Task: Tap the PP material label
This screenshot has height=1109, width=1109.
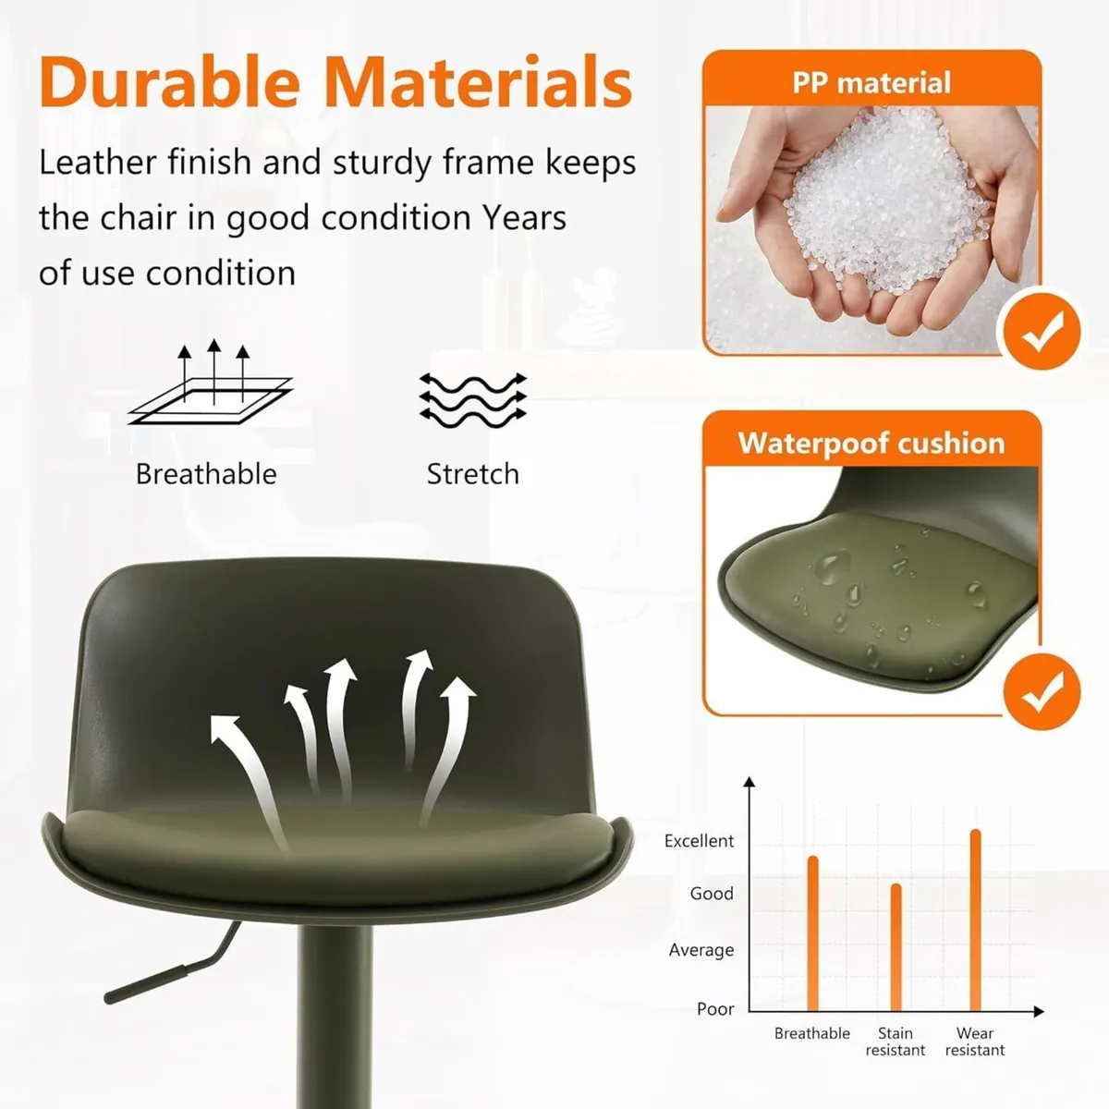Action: point(871,83)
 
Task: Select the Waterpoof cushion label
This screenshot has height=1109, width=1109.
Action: point(871,443)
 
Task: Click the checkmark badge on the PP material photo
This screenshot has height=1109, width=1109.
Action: point(1042,329)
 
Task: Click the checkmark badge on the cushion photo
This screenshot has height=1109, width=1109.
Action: point(1042,689)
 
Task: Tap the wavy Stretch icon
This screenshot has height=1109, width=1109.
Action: point(472,399)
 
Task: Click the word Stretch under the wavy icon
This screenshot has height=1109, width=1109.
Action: point(472,474)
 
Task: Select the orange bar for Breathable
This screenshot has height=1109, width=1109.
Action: point(813,933)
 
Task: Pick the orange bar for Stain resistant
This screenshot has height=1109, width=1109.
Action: point(896,947)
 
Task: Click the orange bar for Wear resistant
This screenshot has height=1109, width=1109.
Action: point(975,920)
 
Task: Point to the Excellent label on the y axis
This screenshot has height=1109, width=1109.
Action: point(699,841)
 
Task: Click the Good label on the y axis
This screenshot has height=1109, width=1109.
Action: point(712,894)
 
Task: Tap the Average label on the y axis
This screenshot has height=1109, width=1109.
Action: point(701,950)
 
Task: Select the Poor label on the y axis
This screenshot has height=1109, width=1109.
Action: point(715,1009)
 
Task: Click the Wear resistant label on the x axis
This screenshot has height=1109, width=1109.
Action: point(975,1042)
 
